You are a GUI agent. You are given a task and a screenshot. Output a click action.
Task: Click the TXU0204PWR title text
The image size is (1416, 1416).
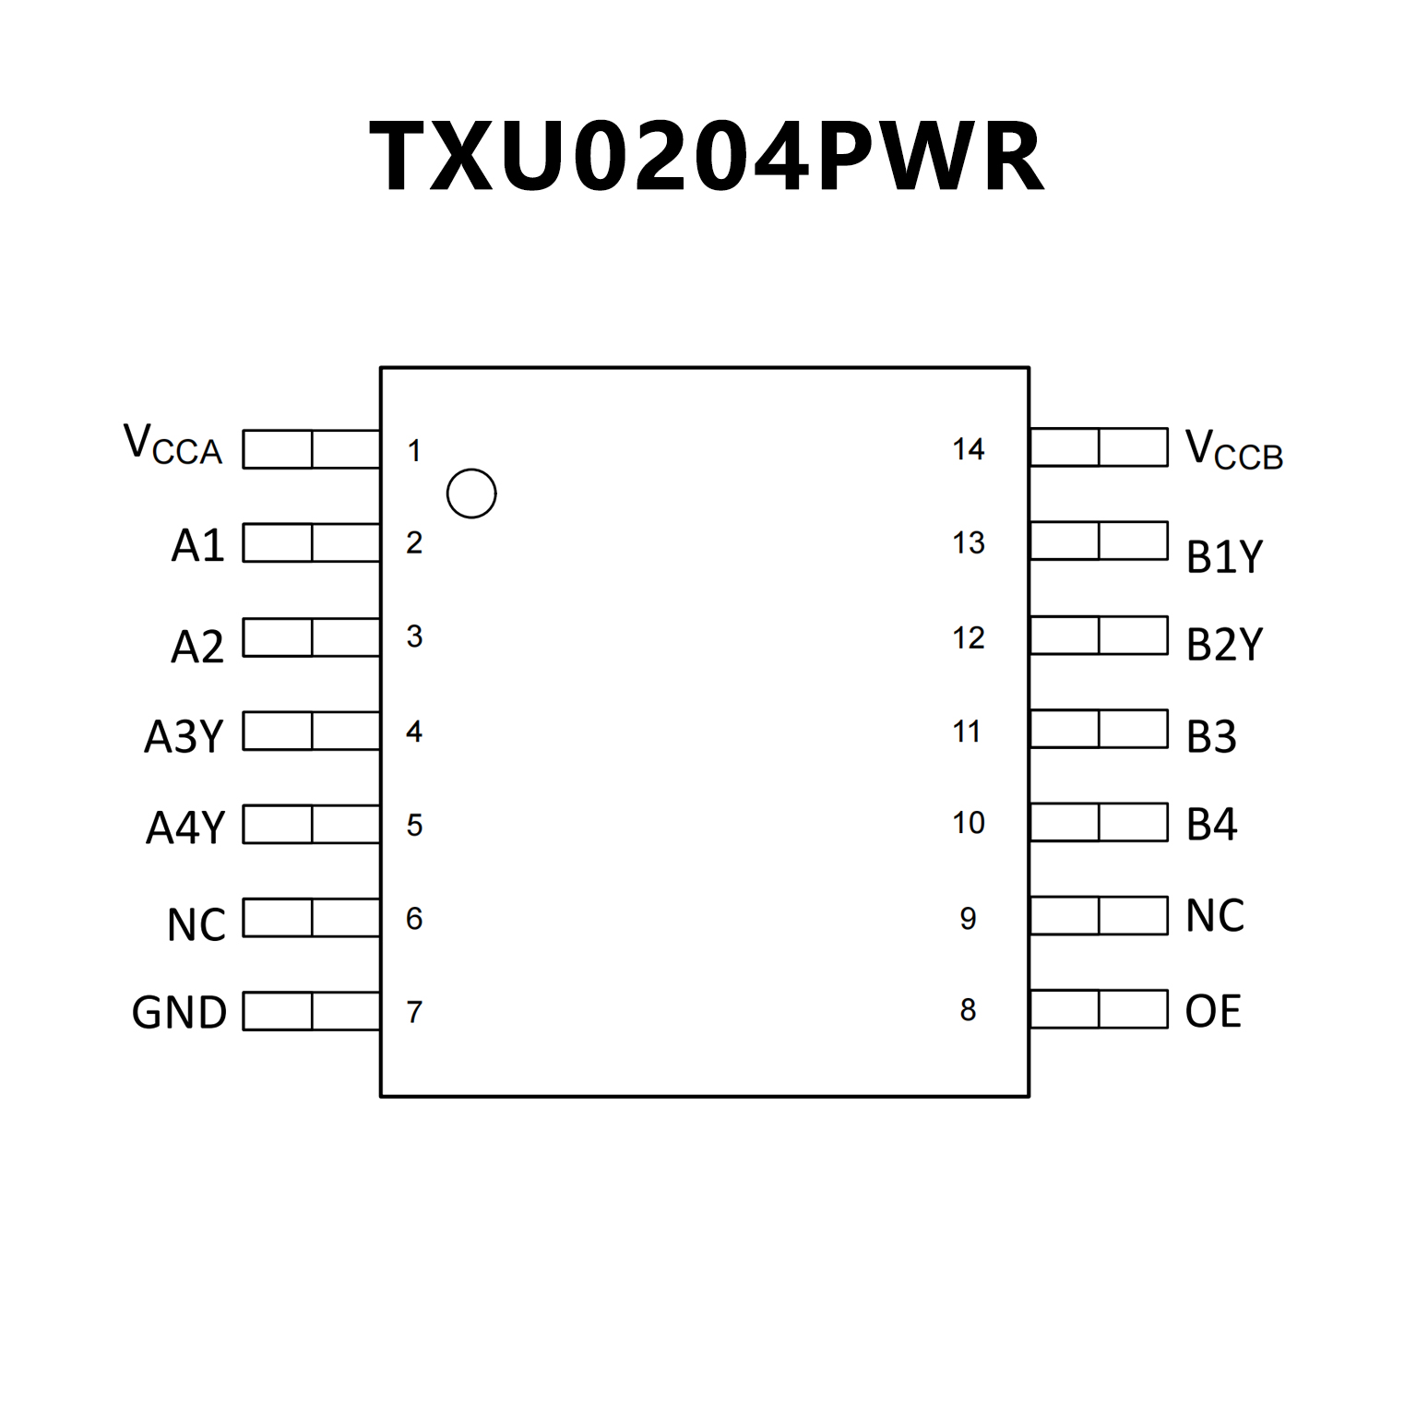coord(707,157)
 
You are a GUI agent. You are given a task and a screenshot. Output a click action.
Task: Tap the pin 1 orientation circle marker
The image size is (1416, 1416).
coord(471,494)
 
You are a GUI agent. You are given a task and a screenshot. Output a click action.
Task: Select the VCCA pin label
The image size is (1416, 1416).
coord(173,446)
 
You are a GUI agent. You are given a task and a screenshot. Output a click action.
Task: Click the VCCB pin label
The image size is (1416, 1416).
coord(1233,451)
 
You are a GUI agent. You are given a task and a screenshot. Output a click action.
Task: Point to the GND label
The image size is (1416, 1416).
coord(179,1013)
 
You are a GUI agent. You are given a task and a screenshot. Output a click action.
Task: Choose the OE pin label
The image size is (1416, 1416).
coord(1212,1011)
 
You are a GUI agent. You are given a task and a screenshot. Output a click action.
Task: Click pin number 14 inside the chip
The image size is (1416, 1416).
coord(968,449)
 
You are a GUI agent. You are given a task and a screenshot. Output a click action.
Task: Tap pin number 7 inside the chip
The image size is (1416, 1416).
coord(414,1013)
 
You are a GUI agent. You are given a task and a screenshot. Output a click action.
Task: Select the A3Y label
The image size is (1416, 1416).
coord(184,736)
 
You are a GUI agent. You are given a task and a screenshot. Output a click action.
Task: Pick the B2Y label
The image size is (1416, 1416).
coord(1224,645)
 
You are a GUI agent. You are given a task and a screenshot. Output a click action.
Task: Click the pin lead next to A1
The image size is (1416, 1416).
coord(311,543)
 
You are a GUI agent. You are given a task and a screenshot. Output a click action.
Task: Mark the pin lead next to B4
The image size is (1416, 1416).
coord(1099,822)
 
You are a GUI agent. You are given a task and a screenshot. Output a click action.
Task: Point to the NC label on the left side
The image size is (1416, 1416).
coord(196,924)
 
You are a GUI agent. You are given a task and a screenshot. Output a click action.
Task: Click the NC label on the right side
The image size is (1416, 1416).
coord(1215,916)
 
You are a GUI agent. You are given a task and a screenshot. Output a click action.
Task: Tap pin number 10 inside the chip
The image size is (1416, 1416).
coord(968,823)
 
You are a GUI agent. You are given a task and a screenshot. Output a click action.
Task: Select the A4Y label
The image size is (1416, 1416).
coord(185,827)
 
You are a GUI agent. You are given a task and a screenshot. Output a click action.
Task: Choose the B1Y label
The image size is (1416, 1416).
coord(1224,557)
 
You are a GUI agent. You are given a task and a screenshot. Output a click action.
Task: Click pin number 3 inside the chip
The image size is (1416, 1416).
coord(414,637)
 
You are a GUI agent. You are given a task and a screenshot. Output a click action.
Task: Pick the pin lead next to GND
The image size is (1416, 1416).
coord(311,1011)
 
